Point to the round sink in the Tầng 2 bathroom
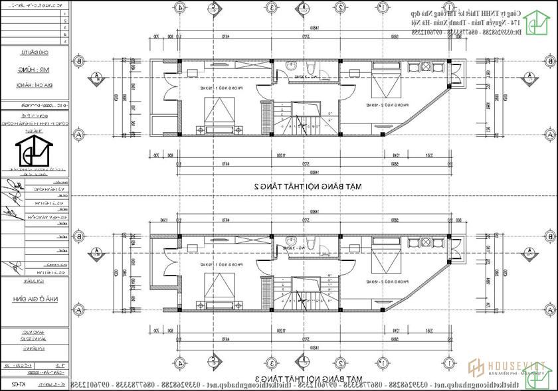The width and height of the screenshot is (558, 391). point(289,64)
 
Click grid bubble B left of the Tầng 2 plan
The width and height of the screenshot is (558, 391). point(78,61)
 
